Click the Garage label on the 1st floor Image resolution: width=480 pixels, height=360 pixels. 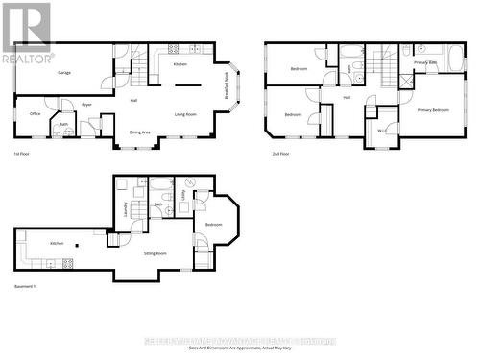(x=64, y=72)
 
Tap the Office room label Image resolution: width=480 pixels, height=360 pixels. (x=34, y=113)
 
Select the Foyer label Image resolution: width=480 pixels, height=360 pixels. (x=86, y=105)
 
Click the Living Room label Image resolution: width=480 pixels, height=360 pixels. (x=186, y=113)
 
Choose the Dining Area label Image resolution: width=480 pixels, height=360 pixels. (x=140, y=132)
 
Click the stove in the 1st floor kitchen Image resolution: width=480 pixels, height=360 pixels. (x=174, y=49)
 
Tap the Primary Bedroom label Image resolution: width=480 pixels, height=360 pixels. (x=433, y=110)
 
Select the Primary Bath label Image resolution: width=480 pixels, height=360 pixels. (x=425, y=62)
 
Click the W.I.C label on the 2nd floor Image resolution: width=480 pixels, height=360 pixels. (x=381, y=130)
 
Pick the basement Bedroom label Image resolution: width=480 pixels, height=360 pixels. (x=213, y=225)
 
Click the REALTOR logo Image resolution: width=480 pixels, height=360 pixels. (x=27, y=33)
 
